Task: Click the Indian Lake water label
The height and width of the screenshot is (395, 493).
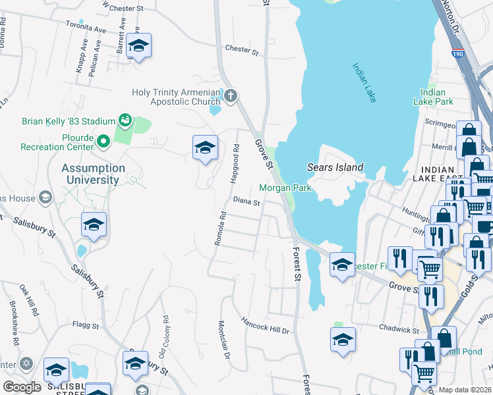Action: (x=364, y=83)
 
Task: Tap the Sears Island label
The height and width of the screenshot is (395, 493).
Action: (x=335, y=167)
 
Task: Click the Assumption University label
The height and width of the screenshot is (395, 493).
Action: (x=90, y=174)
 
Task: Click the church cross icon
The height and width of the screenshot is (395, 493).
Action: (x=231, y=97)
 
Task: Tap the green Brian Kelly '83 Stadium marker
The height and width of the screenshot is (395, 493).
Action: (x=124, y=120)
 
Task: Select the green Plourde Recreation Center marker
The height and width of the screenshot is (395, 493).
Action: (x=103, y=140)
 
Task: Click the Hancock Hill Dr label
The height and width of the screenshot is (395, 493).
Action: (x=265, y=326)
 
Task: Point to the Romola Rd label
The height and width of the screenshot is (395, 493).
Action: (x=222, y=228)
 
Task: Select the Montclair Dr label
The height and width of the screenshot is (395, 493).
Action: (x=223, y=340)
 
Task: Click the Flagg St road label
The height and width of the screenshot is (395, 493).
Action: (x=85, y=325)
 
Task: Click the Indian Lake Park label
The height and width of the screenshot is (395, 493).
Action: (x=433, y=97)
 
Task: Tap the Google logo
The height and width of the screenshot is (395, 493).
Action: (x=22, y=386)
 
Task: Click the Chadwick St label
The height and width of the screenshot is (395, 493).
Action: (x=399, y=328)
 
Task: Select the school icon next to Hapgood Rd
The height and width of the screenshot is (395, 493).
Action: (x=205, y=147)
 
